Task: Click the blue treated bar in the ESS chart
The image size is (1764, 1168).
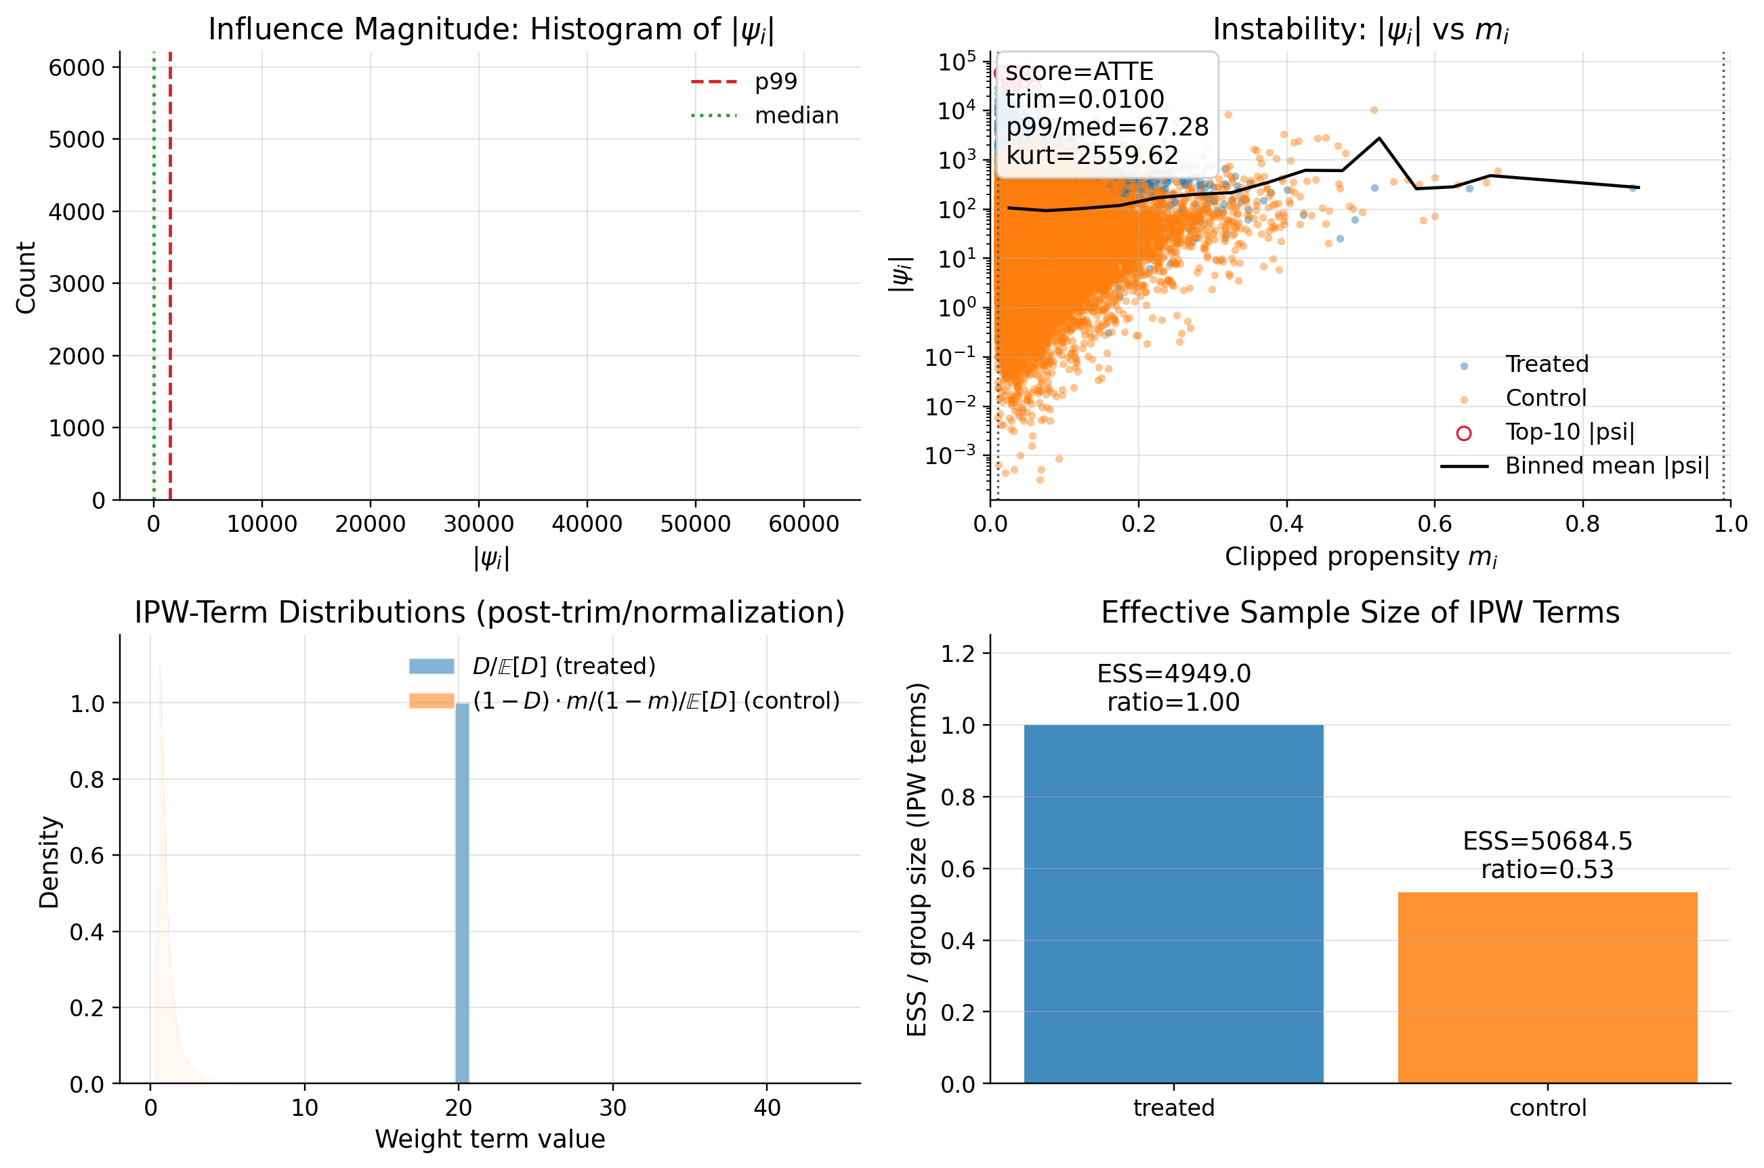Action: point(1173,904)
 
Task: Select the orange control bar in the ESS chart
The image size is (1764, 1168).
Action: point(1547,987)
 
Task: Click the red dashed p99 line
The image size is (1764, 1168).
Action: point(171,283)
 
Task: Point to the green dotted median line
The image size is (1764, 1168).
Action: point(154,283)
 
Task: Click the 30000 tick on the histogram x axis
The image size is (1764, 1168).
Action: point(478,524)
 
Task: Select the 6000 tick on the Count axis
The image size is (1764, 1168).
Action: point(77,68)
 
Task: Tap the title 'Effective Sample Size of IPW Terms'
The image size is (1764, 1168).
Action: point(1360,612)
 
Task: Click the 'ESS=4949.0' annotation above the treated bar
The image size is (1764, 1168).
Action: point(1173,673)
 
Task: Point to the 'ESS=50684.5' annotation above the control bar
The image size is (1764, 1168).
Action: point(1547,841)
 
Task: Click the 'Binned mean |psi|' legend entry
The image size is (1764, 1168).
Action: point(1607,465)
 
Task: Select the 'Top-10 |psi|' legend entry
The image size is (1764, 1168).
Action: point(1570,432)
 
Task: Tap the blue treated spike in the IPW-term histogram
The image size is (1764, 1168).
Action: point(463,894)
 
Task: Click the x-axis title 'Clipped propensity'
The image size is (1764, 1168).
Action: point(1360,556)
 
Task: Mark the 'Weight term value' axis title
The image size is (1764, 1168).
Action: point(490,1139)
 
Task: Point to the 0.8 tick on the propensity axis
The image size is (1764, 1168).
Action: point(1582,524)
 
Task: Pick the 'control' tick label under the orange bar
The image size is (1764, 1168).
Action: point(1547,1108)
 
